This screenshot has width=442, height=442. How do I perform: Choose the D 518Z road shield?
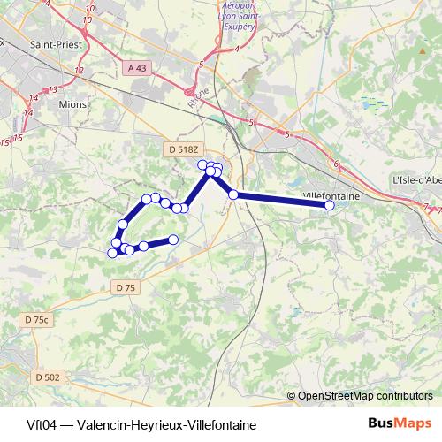[x=183, y=150]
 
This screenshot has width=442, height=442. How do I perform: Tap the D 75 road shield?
[x=127, y=287]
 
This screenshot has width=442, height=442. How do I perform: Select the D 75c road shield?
[x=38, y=319]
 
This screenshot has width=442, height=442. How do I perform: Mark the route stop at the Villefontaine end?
[x=330, y=205]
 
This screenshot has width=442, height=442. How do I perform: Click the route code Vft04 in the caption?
[x=41, y=424]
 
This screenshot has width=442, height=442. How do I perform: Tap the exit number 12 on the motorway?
[x=80, y=70]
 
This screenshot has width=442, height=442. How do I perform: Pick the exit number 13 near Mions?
[x=53, y=89]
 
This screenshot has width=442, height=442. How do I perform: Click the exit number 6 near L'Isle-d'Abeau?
[x=336, y=164]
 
